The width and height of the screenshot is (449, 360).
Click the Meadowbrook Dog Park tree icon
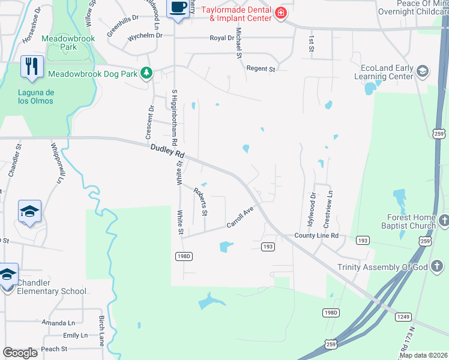pos(146,73)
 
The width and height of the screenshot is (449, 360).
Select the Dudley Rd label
pos(167,150)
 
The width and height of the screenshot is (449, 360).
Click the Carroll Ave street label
pos(240,217)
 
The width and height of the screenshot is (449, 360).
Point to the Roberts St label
pos(200,202)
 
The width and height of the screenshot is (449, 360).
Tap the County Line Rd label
pos(316,236)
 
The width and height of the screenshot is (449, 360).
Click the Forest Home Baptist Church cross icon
pos(444,220)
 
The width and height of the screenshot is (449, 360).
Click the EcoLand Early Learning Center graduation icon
pos(422,72)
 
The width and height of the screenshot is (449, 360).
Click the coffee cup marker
pos(178,8)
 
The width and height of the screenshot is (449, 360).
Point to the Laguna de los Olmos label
pos(35,97)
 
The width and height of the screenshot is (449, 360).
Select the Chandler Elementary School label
pos(52,287)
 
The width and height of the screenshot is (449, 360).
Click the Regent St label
pos(261,69)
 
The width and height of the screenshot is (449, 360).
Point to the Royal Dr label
pos(221,38)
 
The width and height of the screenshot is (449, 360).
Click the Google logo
pos(20,353)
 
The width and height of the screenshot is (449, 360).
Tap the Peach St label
pos(54,349)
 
